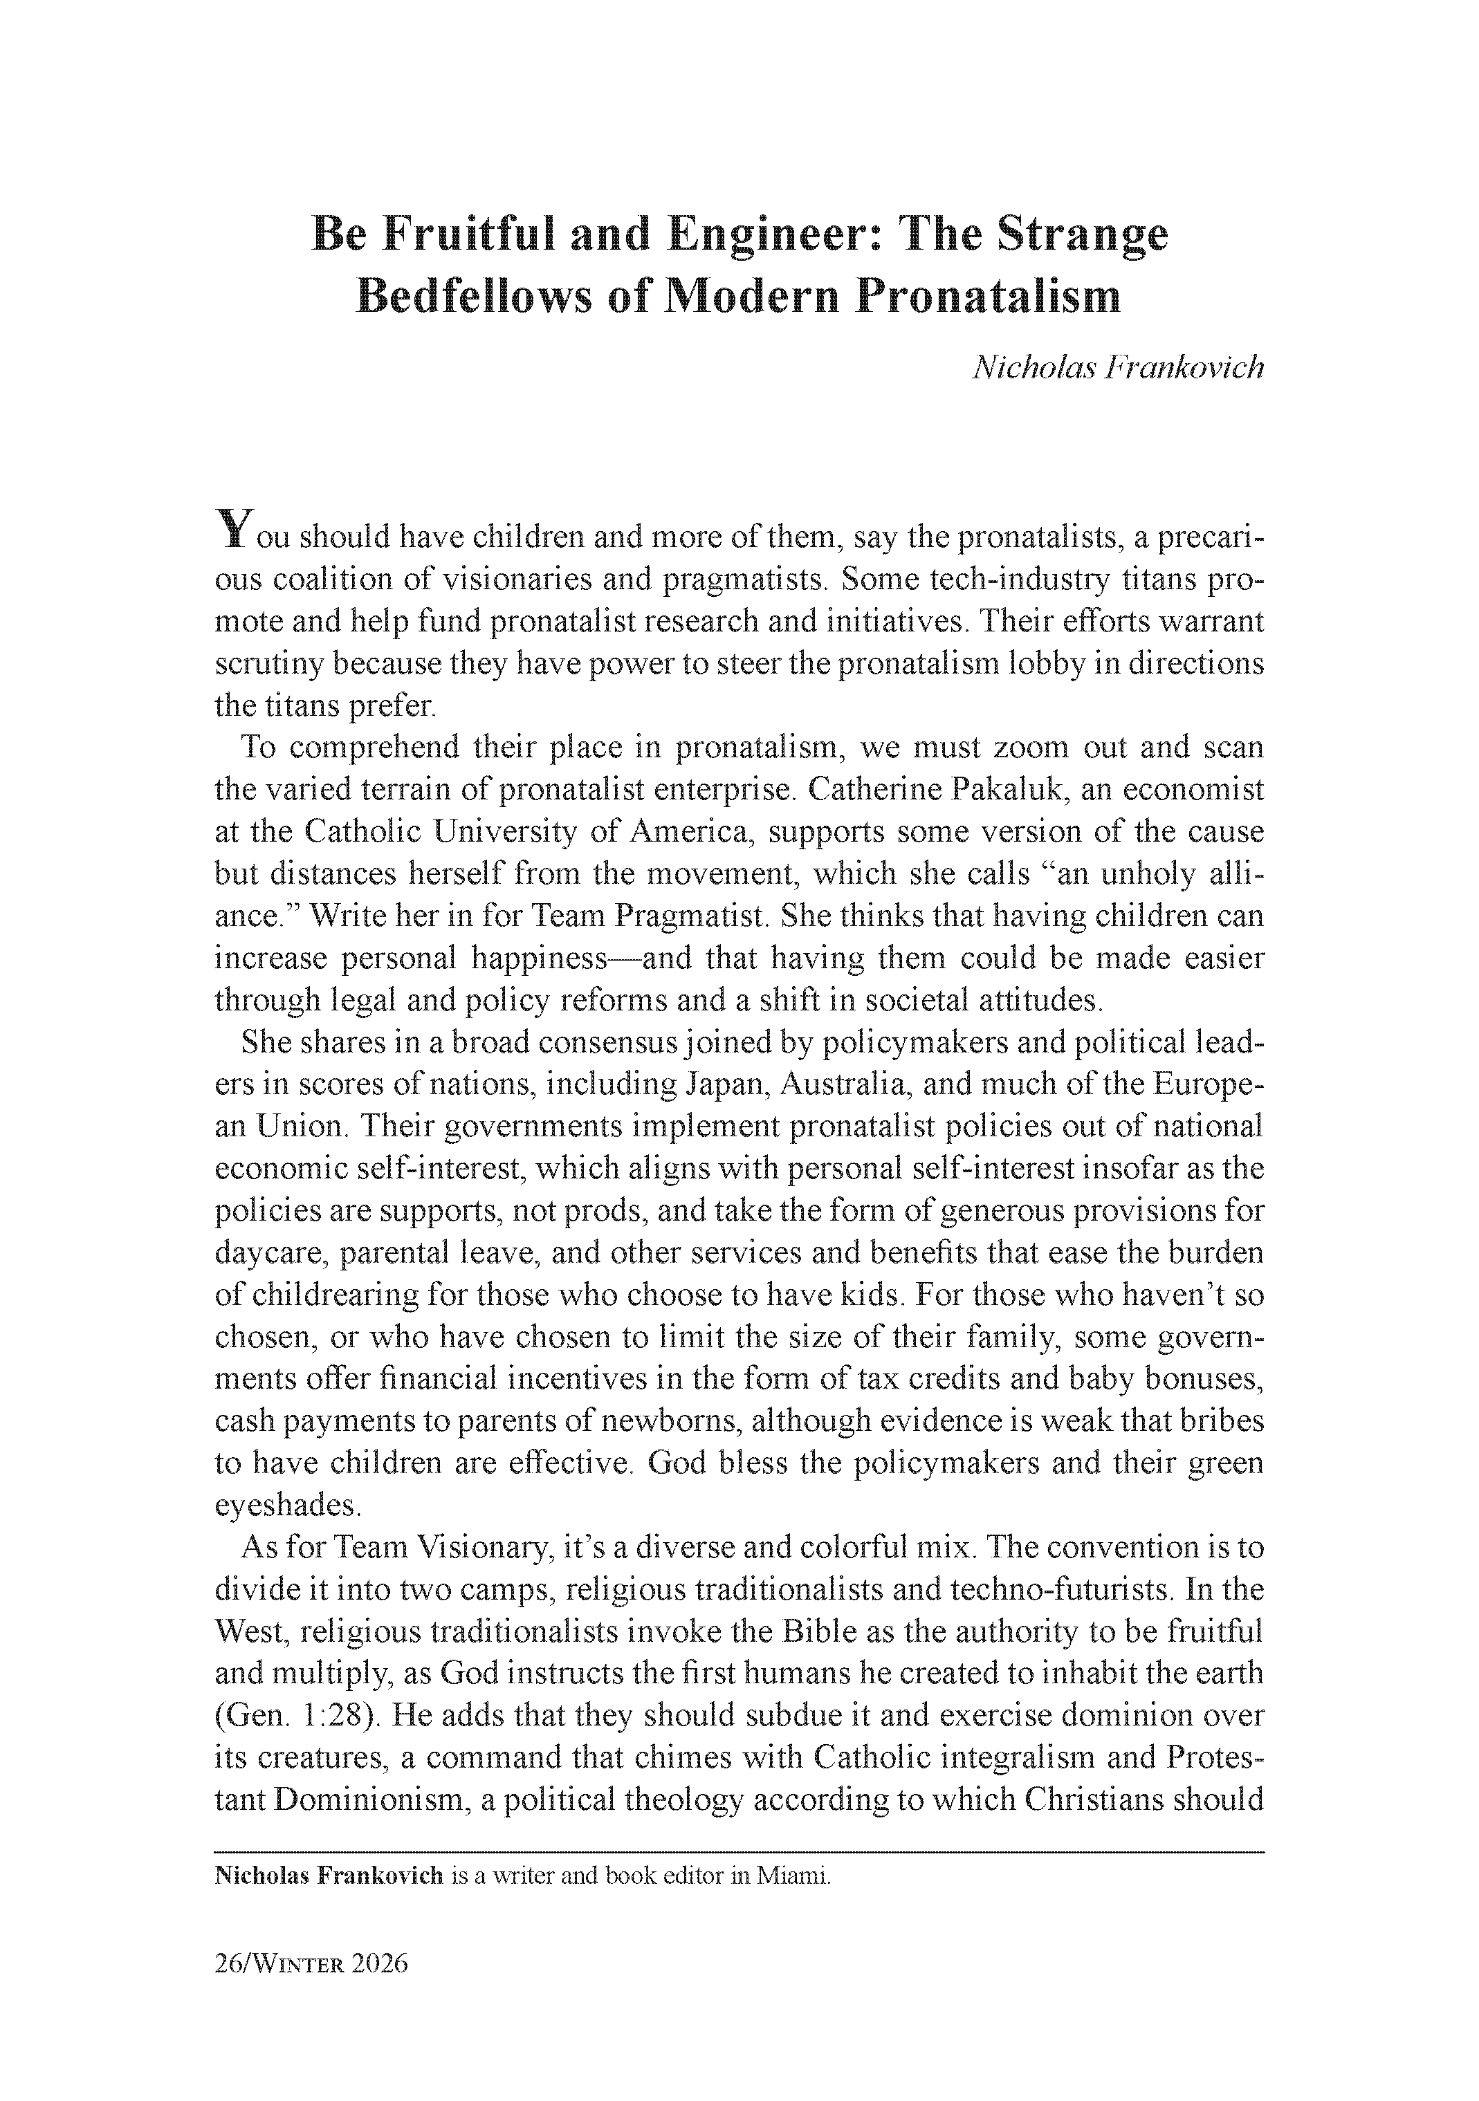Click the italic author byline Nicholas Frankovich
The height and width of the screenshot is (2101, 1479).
pos(1117,367)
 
